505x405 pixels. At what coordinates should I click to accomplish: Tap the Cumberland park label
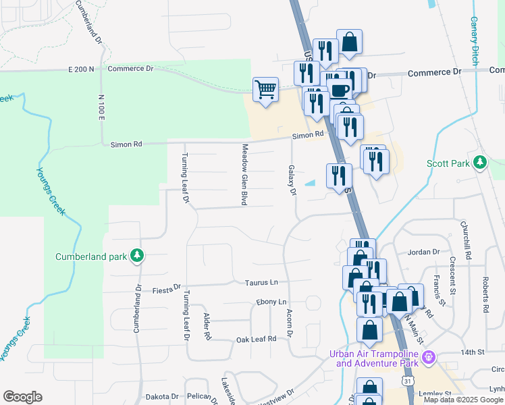pos(92,256)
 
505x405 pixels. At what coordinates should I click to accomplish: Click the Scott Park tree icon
pos(480,162)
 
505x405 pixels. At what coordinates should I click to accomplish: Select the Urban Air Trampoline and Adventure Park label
pos(378,358)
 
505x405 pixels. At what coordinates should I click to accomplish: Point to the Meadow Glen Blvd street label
pos(244,174)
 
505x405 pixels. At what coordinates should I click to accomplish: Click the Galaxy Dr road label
pos(292,180)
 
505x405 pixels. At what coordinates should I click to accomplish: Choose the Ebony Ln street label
pos(271,302)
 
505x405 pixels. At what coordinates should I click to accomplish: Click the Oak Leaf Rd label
pos(256,339)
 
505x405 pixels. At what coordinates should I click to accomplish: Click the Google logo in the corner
pos(22,397)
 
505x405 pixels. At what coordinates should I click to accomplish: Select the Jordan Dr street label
pos(423,252)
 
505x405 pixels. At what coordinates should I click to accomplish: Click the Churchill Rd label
pos(465,240)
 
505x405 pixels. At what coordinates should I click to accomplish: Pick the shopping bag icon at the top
pos(350,42)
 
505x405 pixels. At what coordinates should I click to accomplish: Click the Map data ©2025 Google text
pos(464,400)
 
